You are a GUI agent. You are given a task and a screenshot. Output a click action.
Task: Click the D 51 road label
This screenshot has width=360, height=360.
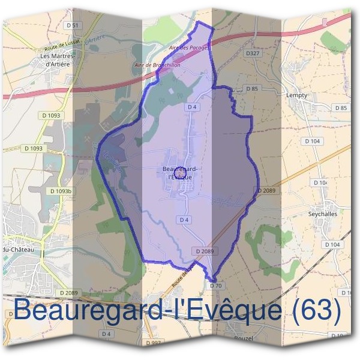[73, 25]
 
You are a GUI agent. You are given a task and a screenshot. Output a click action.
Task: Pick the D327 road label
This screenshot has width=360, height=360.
[253, 53]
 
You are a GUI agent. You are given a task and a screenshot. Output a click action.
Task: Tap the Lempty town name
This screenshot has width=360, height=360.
[297, 95]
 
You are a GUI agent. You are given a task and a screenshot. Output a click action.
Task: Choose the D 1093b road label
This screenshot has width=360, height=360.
[61, 191]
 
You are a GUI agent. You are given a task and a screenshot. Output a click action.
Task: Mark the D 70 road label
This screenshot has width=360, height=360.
[215, 286]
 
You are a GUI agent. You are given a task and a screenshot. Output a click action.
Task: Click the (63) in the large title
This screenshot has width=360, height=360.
[314, 310]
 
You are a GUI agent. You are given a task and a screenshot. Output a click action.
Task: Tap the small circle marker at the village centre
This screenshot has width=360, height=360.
[179, 171]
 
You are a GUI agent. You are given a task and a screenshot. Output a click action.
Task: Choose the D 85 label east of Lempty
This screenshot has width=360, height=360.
[341, 107]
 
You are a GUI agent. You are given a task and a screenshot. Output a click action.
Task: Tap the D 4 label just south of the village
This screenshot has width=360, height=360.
[185, 220]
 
